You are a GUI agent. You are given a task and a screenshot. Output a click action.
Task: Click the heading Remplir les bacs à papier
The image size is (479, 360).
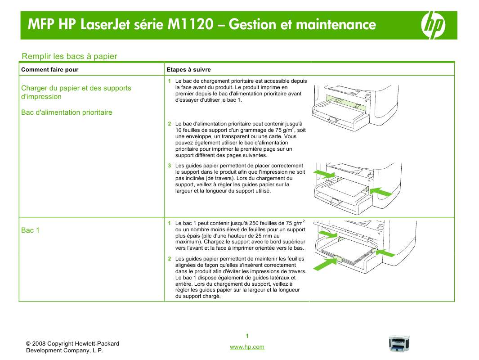(x=69, y=56)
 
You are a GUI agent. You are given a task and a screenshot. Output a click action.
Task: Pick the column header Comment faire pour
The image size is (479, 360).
(x=49, y=70)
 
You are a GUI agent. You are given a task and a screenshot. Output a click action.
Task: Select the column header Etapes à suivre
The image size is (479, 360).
(x=188, y=70)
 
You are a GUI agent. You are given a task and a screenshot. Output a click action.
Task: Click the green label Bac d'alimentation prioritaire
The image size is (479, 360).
(x=67, y=112)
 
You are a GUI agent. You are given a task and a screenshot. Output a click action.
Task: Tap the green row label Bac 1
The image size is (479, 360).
(x=30, y=230)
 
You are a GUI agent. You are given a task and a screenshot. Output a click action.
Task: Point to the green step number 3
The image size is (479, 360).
(x=170, y=166)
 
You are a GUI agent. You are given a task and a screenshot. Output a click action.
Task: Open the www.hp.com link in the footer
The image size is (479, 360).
(x=247, y=347)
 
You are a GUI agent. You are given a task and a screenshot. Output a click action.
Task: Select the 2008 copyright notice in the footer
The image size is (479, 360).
(x=72, y=347)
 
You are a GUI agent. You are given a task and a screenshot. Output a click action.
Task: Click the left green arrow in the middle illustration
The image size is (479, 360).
(x=324, y=174)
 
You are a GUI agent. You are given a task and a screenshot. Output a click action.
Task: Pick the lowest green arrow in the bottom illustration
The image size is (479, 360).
(x=325, y=263)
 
